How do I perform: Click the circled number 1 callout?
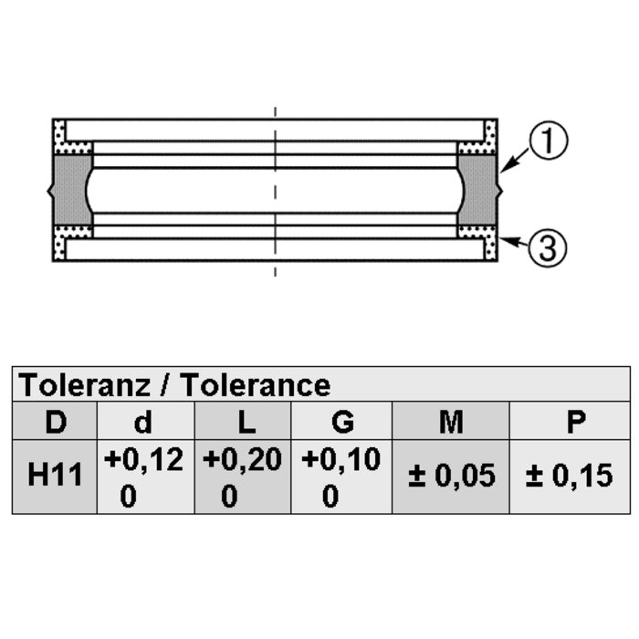click(548, 141)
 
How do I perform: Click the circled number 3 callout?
click(548, 247)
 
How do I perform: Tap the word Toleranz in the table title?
click(84, 384)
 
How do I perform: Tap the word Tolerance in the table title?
click(256, 384)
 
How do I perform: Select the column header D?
click(56, 422)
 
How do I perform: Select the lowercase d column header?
click(143, 422)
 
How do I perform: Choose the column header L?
click(246, 422)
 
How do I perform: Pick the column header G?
click(342, 422)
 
